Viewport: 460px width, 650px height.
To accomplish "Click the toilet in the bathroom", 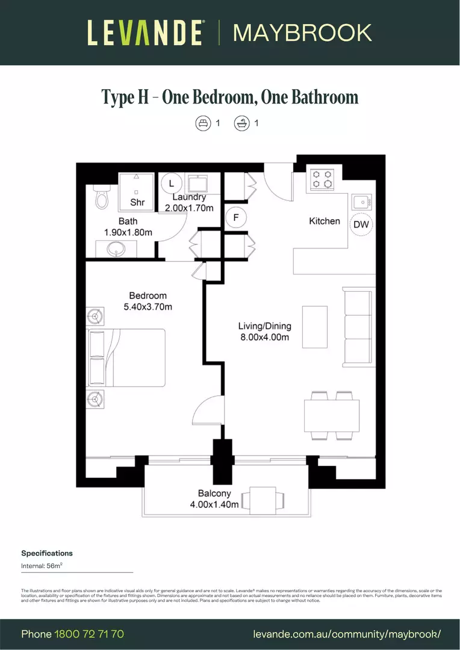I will pyautogui.click(x=102, y=197).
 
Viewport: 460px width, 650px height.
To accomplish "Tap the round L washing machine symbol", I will pyautogui.click(x=171, y=182).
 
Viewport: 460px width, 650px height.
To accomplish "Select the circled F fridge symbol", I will pyautogui.click(x=236, y=217).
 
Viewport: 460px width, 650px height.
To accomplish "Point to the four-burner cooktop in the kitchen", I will pyautogui.click(x=322, y=179).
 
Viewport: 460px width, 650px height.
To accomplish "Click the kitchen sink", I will pyautogui.click(x=362, y=200).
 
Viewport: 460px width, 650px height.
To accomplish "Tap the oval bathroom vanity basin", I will pyautogui.click(x=116, y=248).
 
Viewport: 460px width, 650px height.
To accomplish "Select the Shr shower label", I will pyautogui.click(x=137, y=202).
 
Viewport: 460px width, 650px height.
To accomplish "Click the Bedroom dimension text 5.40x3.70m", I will pyautogui.click(x=148, y=307).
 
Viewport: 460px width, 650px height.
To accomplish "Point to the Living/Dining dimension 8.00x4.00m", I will pyautogui.click(x=264, y=337).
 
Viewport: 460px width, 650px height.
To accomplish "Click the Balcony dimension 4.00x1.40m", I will pyautogui.click(x=214, y=504).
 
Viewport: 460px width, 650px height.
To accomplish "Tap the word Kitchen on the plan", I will pyautogui.click(x=325, y=221).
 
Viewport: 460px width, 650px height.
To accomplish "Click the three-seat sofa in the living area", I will pyautogui.click(x=356, y=327).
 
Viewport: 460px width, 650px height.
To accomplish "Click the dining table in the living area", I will pyautogui.click(x=332, y=415).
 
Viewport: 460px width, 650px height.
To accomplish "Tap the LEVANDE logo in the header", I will pyautogui.click(x=145, y=32).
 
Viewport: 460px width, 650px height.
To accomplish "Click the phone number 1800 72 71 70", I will pyautogui.click(x=89, y=634).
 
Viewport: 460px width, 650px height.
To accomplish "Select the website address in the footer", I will pyautogui.click(x=347, y=634).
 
